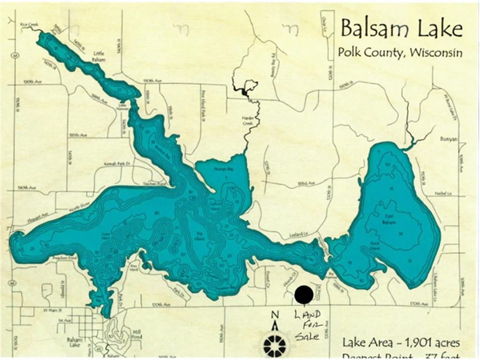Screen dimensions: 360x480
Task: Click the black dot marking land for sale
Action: (304, 294)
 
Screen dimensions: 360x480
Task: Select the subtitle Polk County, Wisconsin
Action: (400, 52)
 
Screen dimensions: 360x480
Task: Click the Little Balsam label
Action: (99, 57)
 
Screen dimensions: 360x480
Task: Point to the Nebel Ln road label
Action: (445, 193)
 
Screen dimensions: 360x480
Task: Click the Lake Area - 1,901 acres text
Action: (401, 342)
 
